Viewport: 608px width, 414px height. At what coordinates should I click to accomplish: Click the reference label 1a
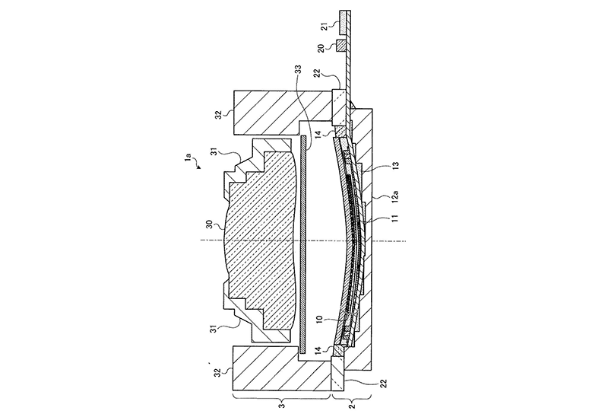point(188,158)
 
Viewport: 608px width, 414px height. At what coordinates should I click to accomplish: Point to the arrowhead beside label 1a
point(198,167)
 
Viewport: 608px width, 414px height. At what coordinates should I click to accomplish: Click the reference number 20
point(321,48)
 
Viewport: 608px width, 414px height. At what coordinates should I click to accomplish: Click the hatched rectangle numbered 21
point(344,22)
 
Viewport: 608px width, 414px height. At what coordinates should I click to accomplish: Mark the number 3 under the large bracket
point(282,406)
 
